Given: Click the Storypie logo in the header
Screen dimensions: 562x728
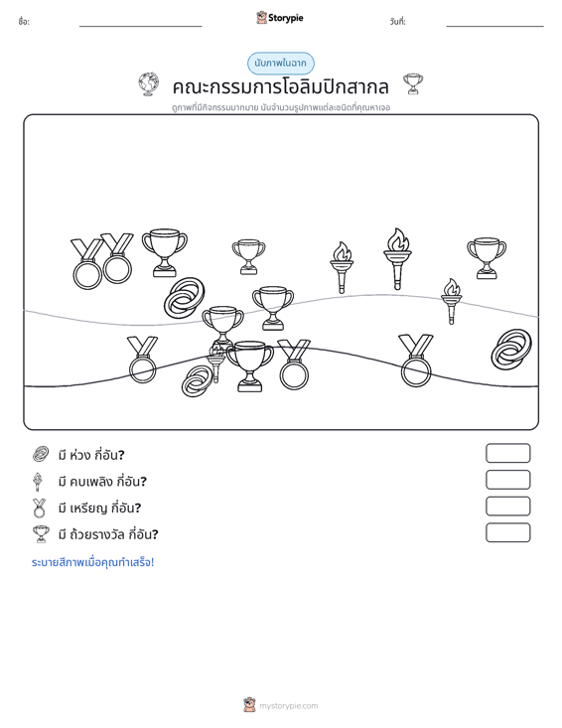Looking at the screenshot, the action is pos(280,18).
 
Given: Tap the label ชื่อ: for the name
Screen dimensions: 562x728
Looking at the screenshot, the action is pos(24,22).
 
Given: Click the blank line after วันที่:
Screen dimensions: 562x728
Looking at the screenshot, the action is pos(494,26).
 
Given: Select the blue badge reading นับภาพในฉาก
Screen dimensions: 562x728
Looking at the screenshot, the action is pos(280,64).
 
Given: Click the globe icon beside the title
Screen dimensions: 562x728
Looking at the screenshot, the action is pos(149,84).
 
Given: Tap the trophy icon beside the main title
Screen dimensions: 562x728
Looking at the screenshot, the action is pos(413,83).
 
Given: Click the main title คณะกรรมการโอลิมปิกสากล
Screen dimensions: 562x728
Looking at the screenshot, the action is pos(280,86).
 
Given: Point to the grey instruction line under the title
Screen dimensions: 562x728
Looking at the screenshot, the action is pos(281,107).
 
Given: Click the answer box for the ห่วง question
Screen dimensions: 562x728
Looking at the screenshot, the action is pos(507,453).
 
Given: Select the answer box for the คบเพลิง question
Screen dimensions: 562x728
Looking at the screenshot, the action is pos(507,480).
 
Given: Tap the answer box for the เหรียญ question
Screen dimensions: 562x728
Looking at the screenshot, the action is pos(507,507).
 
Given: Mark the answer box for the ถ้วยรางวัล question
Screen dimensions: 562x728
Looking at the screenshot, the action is pos(507,532).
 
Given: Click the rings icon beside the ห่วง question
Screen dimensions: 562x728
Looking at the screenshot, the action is pos(41,454).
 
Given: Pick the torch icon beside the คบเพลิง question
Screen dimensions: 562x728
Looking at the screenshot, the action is pos(38,482).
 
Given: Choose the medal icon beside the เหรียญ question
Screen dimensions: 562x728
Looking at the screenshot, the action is pos(39,508).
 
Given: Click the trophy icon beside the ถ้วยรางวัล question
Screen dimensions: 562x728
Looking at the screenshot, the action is pos(41,534).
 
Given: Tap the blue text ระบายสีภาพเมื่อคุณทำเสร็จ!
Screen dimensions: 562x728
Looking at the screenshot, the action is pos(92,562).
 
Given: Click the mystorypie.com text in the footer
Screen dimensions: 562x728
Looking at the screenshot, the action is pos(289,706).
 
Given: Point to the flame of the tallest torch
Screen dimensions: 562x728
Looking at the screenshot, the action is pos(398,239).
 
